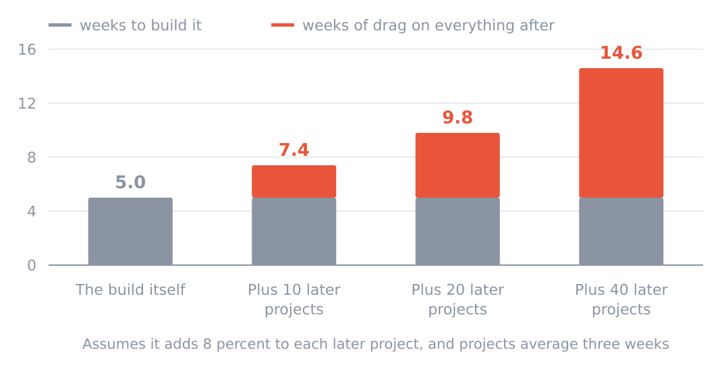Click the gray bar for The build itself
coord(130,231)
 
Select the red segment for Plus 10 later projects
coord(294,181)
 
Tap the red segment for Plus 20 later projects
coord(457,165)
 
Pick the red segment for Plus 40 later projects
coord(621,133)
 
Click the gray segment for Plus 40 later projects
coord(621,231)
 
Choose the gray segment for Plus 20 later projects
coord(457,231)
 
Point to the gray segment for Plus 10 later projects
coord(294,231)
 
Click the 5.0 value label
coord(130,182)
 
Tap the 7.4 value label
coord(294,150)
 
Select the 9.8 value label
coord(457,117)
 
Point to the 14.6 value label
coord(621,53)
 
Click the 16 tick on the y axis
coord(27,49)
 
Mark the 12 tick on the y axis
coord(27,103)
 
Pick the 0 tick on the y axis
coord(31,265)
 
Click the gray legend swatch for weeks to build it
coord(60,25)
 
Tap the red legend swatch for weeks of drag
coord(283,25)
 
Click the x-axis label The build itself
coord(130,290)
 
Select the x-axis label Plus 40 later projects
coord(621,299)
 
